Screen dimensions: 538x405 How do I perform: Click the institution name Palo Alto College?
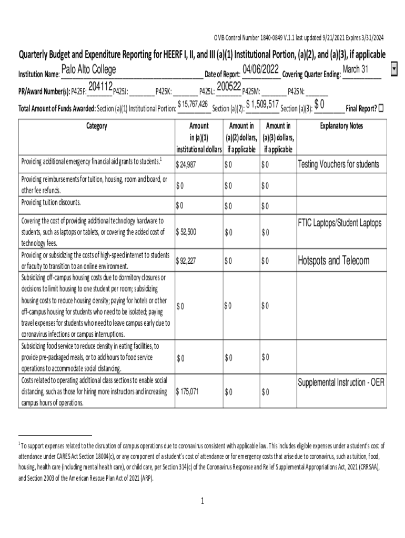pyautogui.click(x=89, y=70)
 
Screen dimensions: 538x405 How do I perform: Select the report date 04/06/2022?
pyautogui.click(x=260, y=70)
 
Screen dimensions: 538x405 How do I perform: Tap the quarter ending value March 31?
pyautogui.click(x=355, y=70)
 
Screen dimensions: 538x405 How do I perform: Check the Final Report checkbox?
pyautogui.click(x=381, y=108)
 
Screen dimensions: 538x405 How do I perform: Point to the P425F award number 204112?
pyautogui.click(x=100, y=86)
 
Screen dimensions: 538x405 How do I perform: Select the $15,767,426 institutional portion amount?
pyautogui.click(x=193, y=105)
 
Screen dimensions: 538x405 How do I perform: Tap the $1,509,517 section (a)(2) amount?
pyautogui.click(x=262, y=104)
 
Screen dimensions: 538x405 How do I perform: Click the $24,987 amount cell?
pyautogui.click(x=186, y=165)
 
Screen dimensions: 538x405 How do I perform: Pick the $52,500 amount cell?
pyautogui.click(x=187, y=232)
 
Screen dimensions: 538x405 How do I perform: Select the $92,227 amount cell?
pyautogui.click(x=186, y=260)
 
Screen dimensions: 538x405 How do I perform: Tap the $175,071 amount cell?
pyautogui.click(x=188, y=391)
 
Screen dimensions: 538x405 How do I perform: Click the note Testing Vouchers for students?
pyautogui.click(x=338, y=164)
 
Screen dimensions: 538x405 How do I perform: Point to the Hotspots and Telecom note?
pyautogui.click(x=333, y=260)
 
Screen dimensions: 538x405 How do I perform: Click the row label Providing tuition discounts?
pyautogui.click(x=51, y=202)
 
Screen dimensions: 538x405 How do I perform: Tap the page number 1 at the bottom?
pyautogui.click(x=202, y=501)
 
